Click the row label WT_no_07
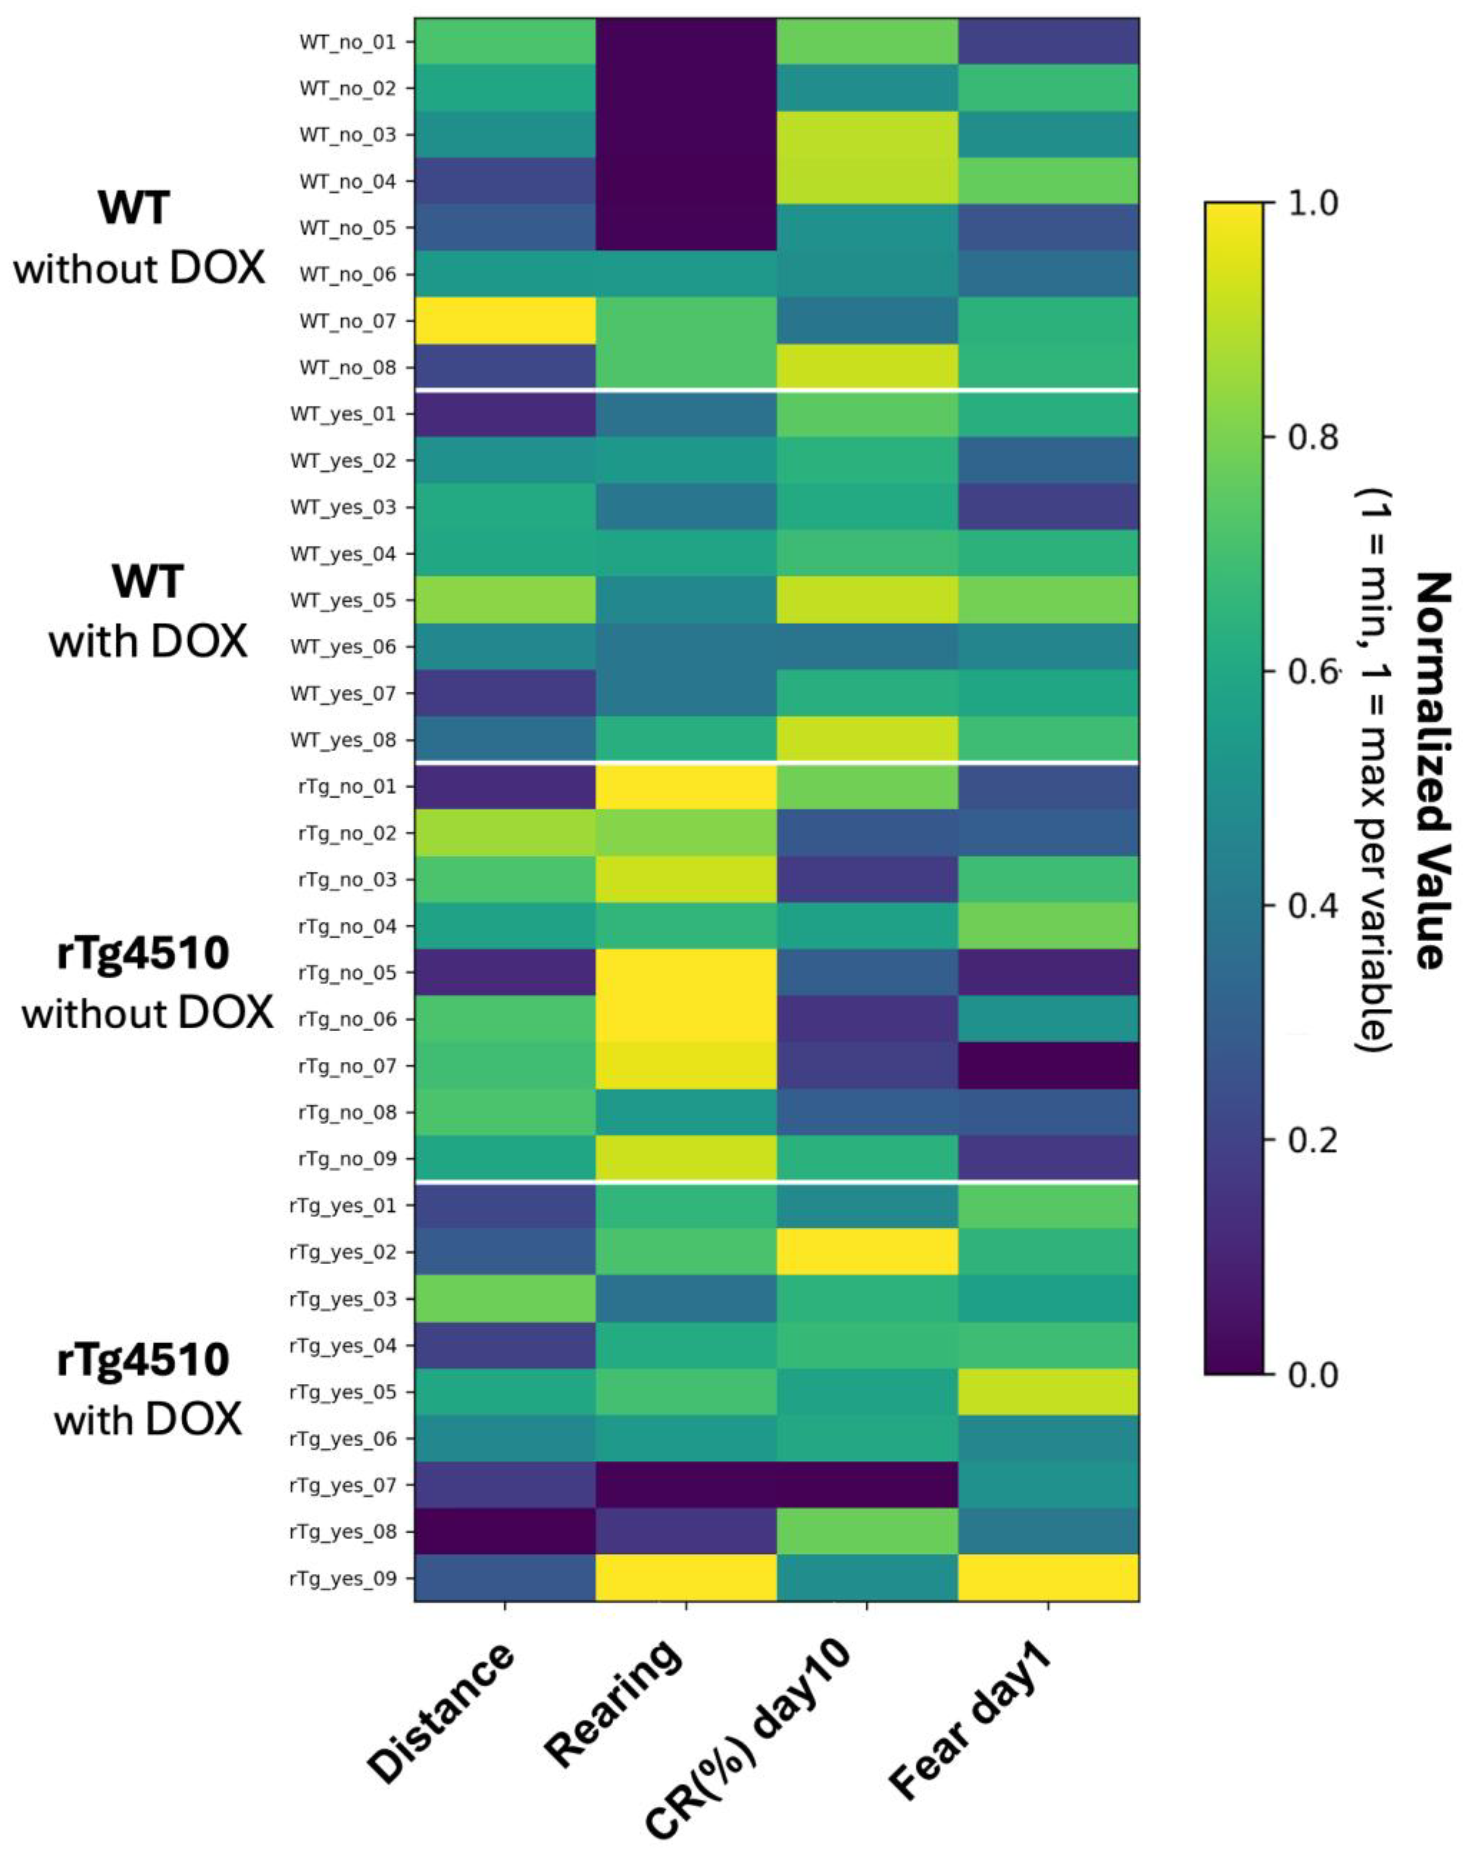pos(348,321)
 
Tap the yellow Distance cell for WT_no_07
pos(505,321)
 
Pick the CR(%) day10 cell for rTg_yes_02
pos(867,1251)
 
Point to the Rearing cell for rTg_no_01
pos(686,786)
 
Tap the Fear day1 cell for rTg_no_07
pos(1048,1065)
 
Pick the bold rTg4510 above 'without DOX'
pos(143,954)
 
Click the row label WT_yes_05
pos(344,600)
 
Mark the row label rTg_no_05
pos(348,972)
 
